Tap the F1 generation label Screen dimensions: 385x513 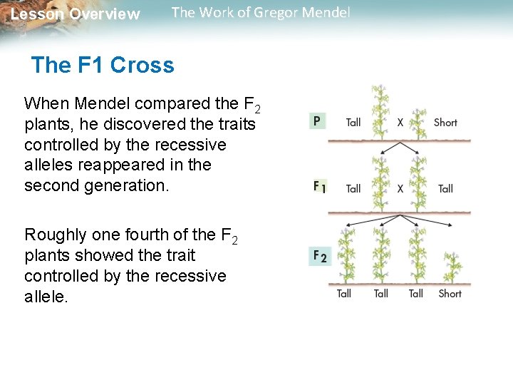[320, 188]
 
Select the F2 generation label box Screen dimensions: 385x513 [320, 256]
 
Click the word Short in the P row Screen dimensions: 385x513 [445, 122]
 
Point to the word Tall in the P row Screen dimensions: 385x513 [353, 122]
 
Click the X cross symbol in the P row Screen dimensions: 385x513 [400, 122]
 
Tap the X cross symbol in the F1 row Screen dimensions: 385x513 [400, 188]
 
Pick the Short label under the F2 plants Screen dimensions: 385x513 [450, 293]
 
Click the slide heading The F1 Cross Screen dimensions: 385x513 [103, 66]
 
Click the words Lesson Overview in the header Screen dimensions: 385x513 [76, 14]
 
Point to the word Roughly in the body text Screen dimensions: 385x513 [58, 235]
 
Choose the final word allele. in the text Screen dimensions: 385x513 [46, 297]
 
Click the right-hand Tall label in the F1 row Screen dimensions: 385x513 [445, 188]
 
